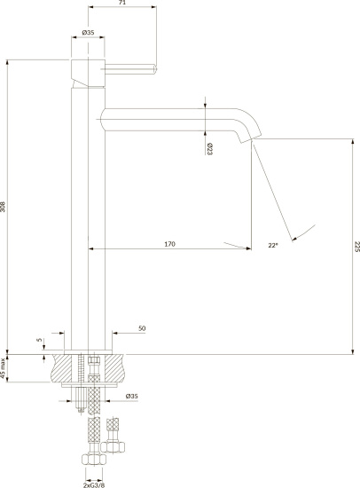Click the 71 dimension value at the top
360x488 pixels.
[x=122, y=2]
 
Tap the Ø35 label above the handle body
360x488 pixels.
[x=88, y=32]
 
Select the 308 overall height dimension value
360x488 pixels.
[x=3, y=207]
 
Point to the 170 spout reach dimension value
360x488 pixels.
[x=169, y=244]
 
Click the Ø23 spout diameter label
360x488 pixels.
[x=209, y=149]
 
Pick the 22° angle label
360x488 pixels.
[x=273, y=245]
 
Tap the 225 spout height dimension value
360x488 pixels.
[x=356, y=247]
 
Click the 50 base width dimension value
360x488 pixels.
[x=142, y=328]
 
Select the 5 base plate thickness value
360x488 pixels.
[x=39, y=340]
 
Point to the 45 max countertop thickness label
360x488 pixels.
[x=4, y=368]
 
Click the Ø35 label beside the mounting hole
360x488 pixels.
[x=131, y=397]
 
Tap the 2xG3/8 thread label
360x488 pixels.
[x=94, y=484]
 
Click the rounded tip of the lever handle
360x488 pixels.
[x=155, y=69]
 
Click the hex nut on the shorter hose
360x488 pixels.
[x=113, y=447]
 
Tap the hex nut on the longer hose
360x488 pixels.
[x=94, y=460]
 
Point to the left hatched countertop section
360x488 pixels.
[x=62, y=368]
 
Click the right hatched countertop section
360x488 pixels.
[x=116, y=368]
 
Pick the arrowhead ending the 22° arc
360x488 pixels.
[x=294, y=239]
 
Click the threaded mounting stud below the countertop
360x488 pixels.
[x=82, y=383]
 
